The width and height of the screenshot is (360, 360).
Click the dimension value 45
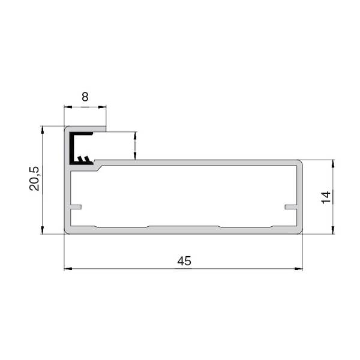pyautogui.click(x=184, y=261)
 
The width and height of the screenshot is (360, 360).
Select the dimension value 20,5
pyautogui.click(x=34, y=179)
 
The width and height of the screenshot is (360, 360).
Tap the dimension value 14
pyautogui.click(x=326, y=197)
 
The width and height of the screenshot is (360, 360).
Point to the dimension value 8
pyautogui.click(x=85, y=97)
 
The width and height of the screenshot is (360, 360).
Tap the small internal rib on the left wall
pyautogui.click(x=76, y=207)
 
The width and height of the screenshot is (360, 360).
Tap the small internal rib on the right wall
pyautogui.click(x=291, y=207)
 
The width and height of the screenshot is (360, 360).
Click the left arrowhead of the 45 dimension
pyautogui.click(x=68, y=268)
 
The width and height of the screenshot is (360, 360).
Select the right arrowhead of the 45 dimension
pyautogui.click(x=298, y=268)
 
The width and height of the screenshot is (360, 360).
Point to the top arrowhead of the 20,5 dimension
pyautogui.click(x=42, y=130)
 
